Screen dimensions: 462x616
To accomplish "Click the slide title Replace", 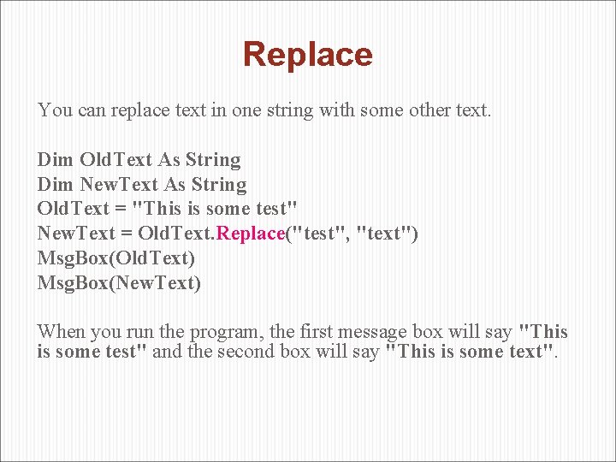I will pos(308,54).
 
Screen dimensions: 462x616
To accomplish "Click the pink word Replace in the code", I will pos(251,234).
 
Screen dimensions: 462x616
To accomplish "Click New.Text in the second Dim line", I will pos(120,185).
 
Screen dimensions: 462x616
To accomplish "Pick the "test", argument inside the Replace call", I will pos(322,234).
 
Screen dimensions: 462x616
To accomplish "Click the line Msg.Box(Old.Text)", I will pos(116,258).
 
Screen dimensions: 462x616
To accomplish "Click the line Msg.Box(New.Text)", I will pos(119,282).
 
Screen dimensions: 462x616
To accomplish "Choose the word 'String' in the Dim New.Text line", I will pos(219,185).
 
